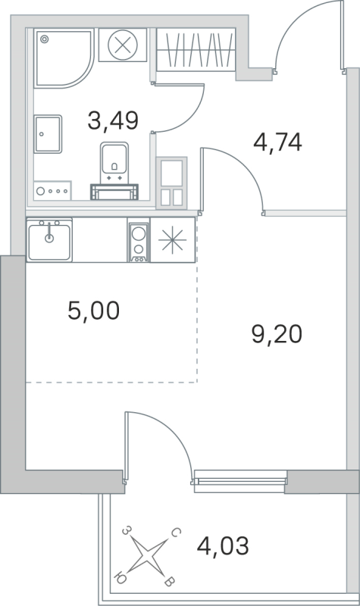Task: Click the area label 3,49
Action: [114, 120]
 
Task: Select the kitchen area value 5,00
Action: [93, 310]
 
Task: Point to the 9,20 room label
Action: [277, 333]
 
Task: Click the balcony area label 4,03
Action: [222, 544]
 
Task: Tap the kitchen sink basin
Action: [50, 239]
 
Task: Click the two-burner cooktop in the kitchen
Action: [139, 242]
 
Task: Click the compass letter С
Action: [175, 534]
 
